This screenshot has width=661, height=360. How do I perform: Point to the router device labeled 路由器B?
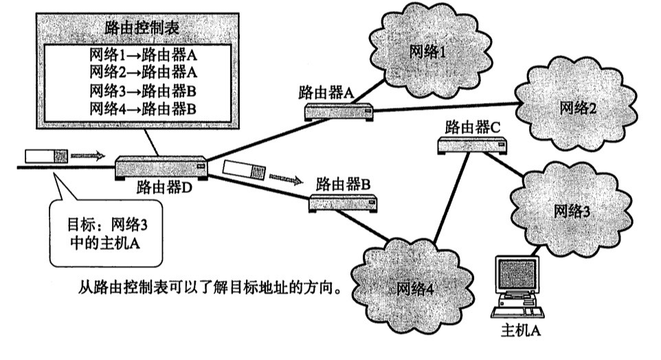coord(344,202)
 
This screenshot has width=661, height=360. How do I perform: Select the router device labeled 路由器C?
coord(472,144)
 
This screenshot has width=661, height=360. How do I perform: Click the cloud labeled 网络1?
coord(432,52)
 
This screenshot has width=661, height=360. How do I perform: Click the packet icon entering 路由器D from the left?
coord(45,155)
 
